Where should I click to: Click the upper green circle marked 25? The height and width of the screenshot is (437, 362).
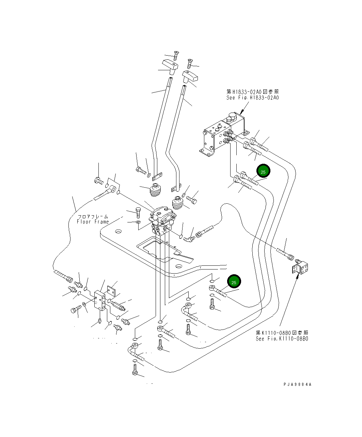click(263, 172)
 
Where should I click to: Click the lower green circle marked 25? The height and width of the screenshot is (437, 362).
click(234, 282)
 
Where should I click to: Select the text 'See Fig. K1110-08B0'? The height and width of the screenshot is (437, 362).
click(282, 339)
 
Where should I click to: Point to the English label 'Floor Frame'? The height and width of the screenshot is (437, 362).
click(93, 222)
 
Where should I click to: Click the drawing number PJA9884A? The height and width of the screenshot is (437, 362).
click(297, 384)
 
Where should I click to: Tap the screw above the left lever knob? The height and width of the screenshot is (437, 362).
click(176, 55)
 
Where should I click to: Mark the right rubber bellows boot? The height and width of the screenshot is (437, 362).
click(178, 204)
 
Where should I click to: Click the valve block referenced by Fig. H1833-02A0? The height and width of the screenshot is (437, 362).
click(221, 135)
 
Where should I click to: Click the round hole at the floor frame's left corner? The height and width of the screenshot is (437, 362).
click(118, 232)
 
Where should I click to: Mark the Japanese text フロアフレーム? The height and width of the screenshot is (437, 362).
click(93, 216)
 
